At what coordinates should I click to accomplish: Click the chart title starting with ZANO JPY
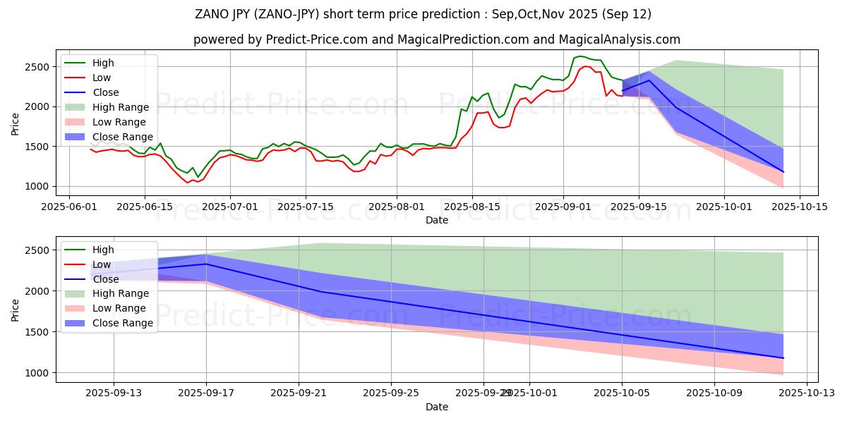point(423,14)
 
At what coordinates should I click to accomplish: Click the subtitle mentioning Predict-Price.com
point(437,40)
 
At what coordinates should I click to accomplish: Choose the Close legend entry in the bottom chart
point(105,279)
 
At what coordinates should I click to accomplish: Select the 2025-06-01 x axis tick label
point(68,207)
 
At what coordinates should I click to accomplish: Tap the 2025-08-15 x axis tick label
point(471,207)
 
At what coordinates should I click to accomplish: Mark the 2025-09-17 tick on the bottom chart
point(206,393)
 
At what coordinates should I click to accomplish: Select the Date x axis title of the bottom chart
point(437,407)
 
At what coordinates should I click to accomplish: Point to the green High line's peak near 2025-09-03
point(580,56)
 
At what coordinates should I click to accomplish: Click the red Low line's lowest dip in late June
point(188,183)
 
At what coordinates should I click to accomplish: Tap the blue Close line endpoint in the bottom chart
point(783,358)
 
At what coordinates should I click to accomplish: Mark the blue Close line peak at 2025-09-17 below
point(206,264)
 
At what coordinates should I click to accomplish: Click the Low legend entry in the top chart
point(101,78)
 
